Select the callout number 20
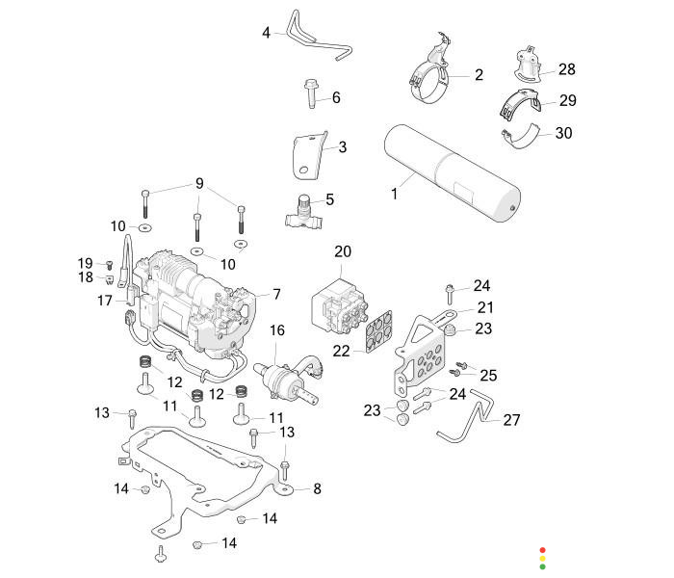point(343,251)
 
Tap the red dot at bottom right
point(542,548)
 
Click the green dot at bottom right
point(542,566)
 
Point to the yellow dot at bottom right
point(542,558)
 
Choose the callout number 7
point(276,294)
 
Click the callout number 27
point(511,420)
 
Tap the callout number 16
point(277,330)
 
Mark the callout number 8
point(317,488)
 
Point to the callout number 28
point(566,69)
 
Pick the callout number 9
point(200,183)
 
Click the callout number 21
point(483,307)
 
